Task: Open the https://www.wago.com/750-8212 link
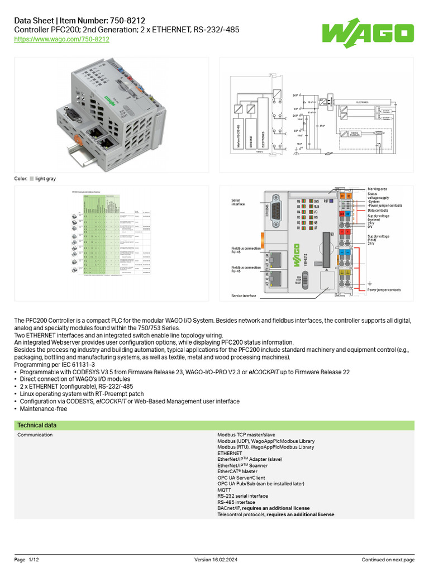(x=61, y=39)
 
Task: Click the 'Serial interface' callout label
(x=238, y=202)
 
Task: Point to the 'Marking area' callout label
(x=377, y=189)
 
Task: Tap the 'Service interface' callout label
(x=244, y=295)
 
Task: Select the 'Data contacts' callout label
(x=378, y=211)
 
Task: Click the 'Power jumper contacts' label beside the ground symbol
(x=384, y=290)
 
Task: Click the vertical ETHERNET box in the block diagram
(x=251, y=134)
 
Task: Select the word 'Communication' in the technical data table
(x=35, y=435)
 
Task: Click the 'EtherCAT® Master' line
(x=237, y=471)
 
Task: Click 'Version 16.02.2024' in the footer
(x=214, y=560)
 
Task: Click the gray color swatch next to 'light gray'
(x=32, y=179)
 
